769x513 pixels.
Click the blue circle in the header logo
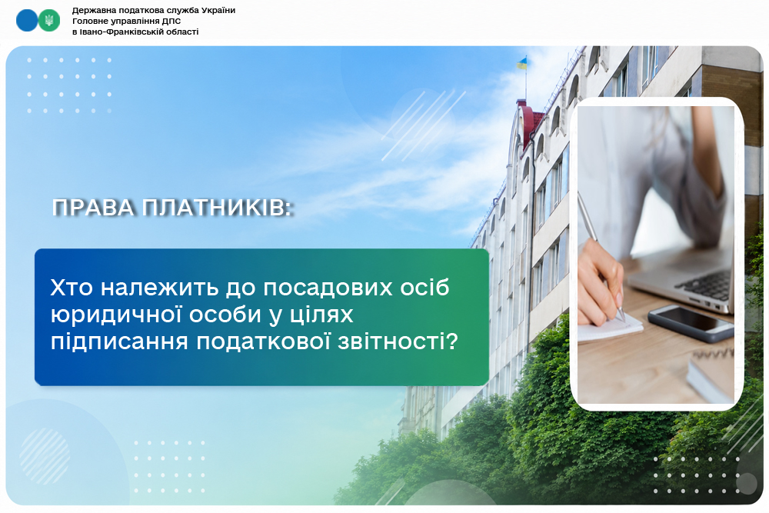[x=26, y=20]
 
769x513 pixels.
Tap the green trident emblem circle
[x=49, y=20]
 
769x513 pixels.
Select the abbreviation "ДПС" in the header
[x=171, y=21]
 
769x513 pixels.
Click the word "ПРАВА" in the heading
[x=94, y=208]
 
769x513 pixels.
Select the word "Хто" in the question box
[x=72, y=288]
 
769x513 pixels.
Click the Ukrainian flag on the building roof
[x=522, y=63]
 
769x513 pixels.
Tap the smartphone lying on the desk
[x=691, y=323]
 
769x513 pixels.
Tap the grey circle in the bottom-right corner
[x=747, y=484]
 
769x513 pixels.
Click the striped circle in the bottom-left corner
[x=45, y=455]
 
